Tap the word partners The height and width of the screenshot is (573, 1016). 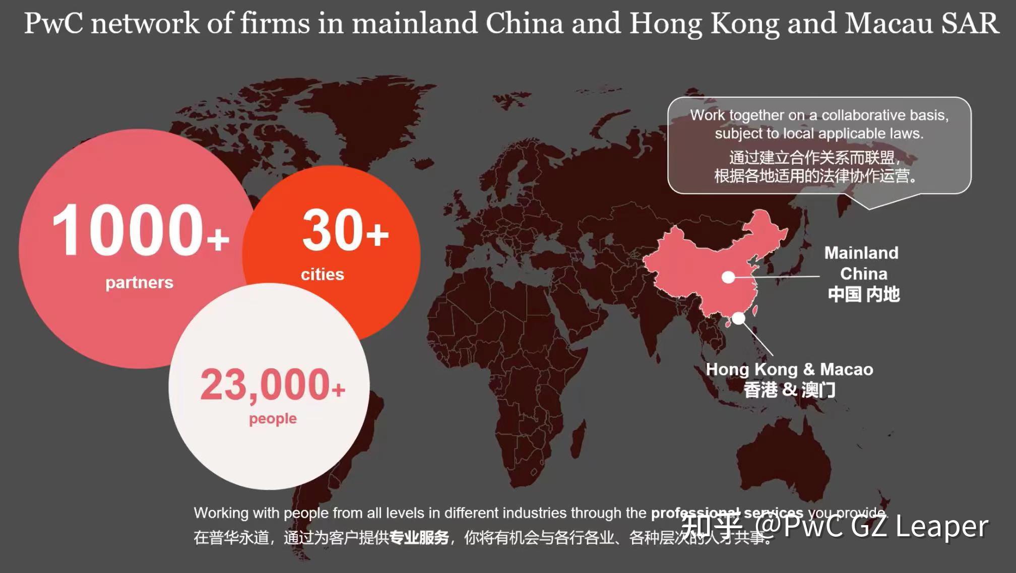139,282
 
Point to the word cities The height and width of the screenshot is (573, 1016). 323,274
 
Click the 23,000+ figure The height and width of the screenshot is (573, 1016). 272,385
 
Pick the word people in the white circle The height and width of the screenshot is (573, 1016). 273,418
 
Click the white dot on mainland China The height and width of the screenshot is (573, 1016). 728,277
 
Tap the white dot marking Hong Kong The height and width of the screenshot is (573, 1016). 738,318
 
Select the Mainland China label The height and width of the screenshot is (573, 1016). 862,263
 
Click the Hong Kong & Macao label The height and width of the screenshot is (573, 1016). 789,369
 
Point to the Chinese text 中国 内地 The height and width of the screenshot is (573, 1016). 863,294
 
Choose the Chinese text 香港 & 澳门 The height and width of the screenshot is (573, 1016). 789,390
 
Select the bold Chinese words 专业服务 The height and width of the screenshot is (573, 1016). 419,538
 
